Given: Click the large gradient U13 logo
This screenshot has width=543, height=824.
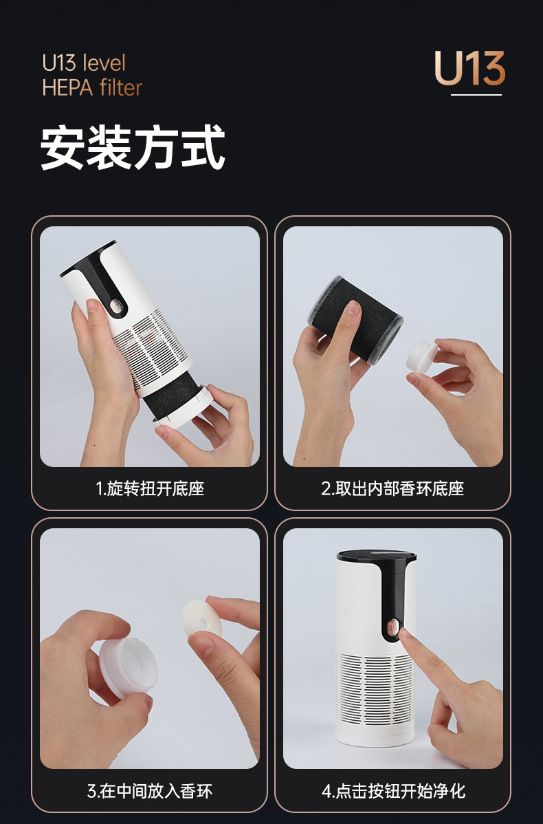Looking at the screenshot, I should tap(469, 69).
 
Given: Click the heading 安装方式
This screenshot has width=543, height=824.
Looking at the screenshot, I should tap(133, 147).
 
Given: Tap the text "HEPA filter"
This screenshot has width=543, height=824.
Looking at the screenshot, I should tap(92, 88).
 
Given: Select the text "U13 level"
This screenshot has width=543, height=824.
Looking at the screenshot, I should tap(84, 63).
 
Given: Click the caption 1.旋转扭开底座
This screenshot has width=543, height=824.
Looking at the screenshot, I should tap(150, 489).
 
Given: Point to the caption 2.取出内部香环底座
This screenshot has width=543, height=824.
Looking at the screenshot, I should tap(392, 489).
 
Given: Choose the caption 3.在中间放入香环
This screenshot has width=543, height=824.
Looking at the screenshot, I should tap(150, 791).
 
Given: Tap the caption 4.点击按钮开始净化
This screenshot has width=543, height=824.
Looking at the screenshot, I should tap(393, 791).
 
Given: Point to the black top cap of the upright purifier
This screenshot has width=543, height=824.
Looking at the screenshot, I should tap(376, 556).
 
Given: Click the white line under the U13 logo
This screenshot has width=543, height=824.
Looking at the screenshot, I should tap(476, 94).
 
